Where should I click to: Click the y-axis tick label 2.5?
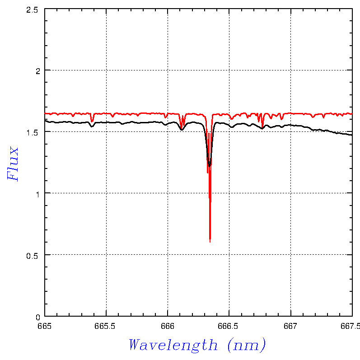[32, 10]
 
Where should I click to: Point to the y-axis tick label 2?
[38, 71]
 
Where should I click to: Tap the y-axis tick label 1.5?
[32, 133]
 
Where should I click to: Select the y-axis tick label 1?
[38, 194]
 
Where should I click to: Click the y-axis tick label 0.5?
[32, 256]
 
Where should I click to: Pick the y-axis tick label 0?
[38, 317]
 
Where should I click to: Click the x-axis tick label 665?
[45, 326]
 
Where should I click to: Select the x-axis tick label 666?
[168, 326]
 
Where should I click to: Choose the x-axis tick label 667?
[290, 326]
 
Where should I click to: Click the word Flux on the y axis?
[13, 164]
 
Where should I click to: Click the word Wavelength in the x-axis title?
[173, 345]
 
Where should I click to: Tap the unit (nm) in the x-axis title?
[247, 345]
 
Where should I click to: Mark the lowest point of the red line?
[210, 242]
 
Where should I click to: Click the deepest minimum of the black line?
[209, 166]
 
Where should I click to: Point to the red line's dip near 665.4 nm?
[92, 122]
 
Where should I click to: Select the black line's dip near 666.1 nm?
[182, 130]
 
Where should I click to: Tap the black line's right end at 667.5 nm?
[352, 135]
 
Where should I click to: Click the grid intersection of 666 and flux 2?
[168, 70]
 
